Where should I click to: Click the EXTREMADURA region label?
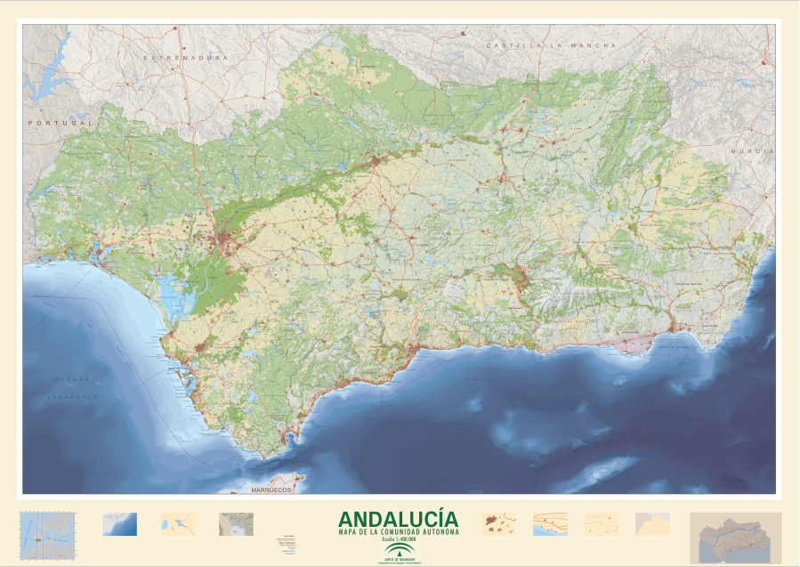tap(186, 58)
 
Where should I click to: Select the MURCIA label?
tap(747, 152)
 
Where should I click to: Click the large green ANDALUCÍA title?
tap(399, 519)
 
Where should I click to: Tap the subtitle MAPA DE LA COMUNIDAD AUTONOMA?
tap(399, 532)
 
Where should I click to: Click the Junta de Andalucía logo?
tap(399, 554)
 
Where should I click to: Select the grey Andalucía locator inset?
tap(735, 537)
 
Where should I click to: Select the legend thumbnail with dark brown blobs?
tap(497, 523)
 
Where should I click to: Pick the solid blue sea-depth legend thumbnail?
tap(120, 523)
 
